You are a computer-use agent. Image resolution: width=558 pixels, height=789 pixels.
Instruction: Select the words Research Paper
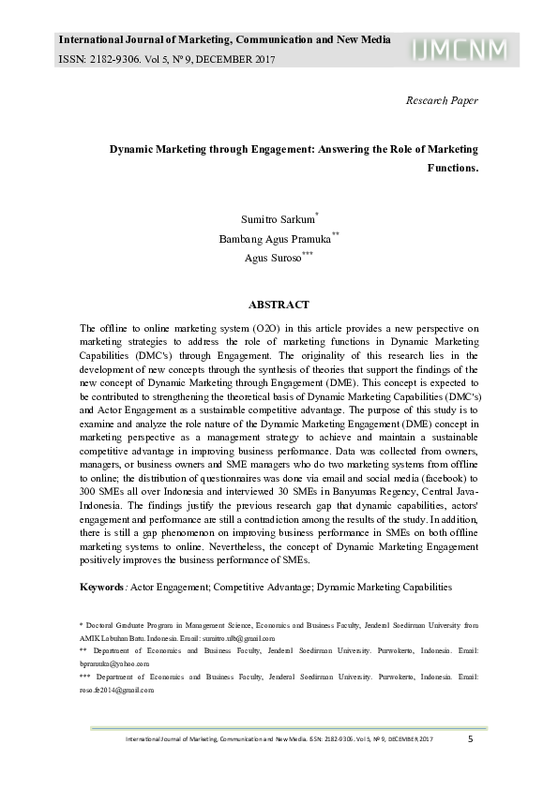point(442,100)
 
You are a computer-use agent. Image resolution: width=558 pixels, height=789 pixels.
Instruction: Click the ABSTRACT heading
point(279,305)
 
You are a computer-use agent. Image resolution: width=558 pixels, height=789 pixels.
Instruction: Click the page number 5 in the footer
point(470,739)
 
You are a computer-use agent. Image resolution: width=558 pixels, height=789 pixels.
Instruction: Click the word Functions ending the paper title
point(453,169)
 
